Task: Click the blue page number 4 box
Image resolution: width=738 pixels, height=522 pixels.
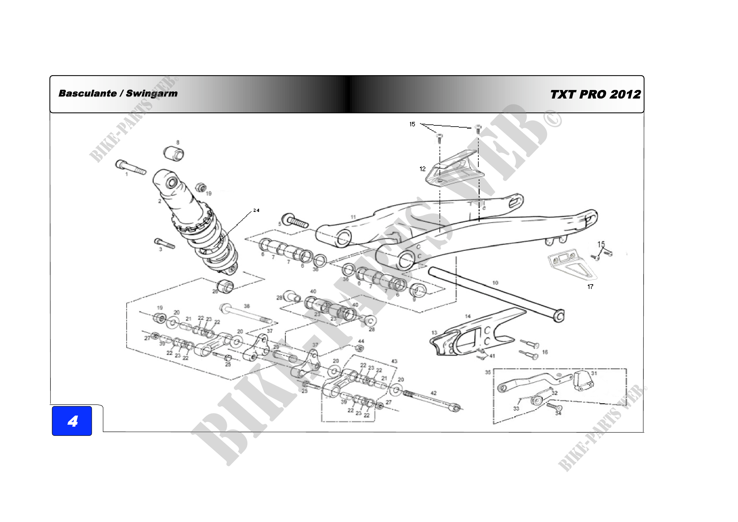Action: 72,421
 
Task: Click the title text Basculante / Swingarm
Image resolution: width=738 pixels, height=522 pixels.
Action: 118,93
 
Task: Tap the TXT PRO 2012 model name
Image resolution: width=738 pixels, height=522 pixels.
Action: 595,94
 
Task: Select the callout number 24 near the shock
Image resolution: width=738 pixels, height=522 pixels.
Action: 256,210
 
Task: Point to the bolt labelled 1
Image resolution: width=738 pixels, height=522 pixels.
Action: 131,167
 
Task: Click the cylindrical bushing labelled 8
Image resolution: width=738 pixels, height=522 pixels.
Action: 174,154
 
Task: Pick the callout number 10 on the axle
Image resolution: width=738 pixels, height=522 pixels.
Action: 495,283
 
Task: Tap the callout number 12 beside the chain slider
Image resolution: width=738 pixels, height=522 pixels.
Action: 422,169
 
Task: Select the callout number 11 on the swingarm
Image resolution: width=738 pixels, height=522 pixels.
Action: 353,217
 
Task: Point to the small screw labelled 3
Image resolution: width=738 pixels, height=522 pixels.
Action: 165,243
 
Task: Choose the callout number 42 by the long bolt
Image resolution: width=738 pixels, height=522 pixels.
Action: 434,393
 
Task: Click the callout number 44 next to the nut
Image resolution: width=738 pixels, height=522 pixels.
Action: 361,341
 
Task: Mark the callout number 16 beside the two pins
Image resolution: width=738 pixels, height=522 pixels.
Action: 545,352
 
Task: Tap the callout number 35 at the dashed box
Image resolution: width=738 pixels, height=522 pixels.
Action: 488,372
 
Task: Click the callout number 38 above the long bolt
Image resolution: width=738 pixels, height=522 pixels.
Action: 247,306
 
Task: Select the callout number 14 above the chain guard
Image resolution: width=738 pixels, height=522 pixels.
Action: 468,316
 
